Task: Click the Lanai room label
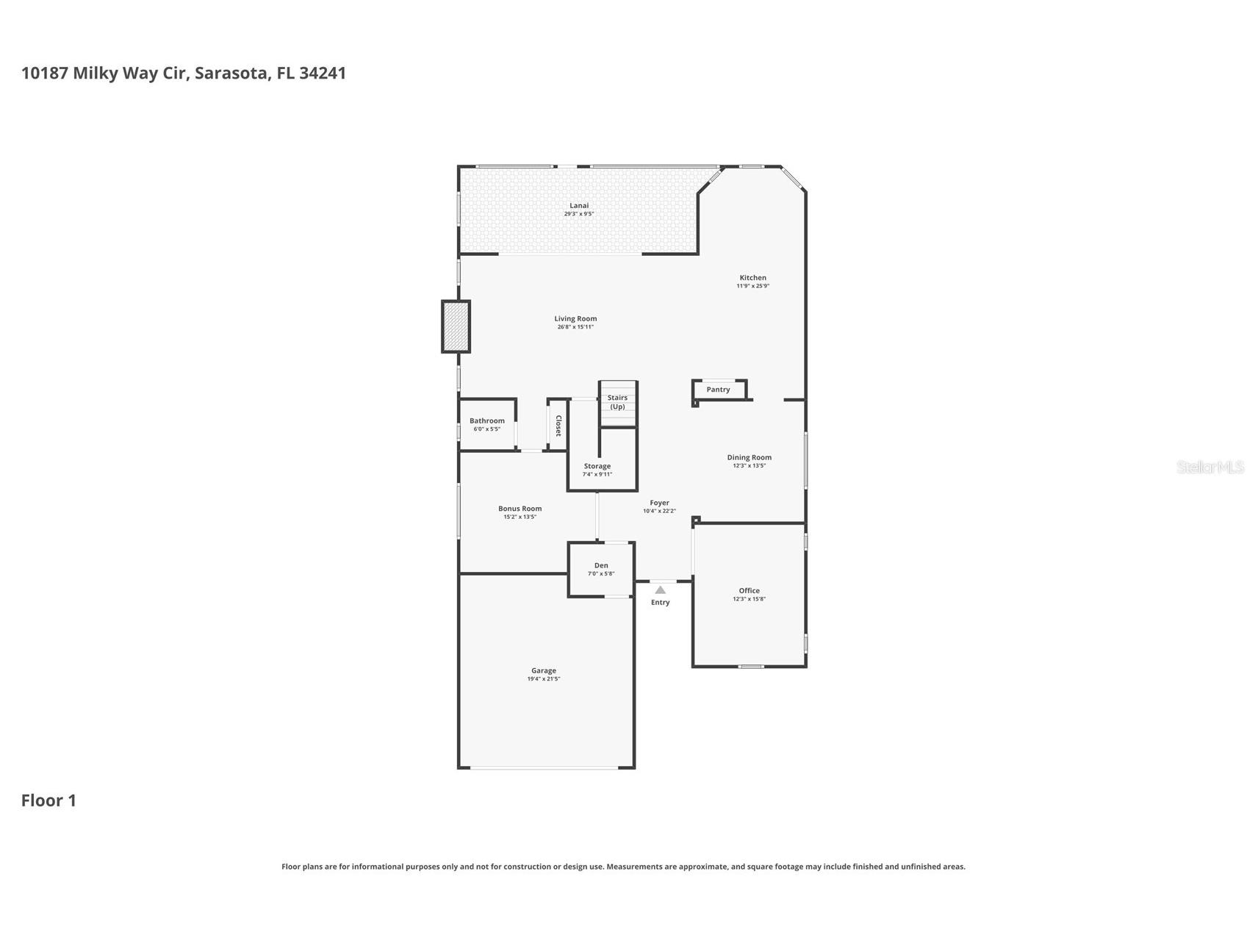(579, 206)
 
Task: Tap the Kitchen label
(752, 278)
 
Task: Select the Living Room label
(575, 319)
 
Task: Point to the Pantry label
(718, 390)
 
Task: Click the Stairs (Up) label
(617, 402)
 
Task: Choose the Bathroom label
(487, 421)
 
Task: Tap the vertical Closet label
(558, 426)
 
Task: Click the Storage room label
(597, 466)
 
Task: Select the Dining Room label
(750, 457)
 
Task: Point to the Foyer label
(659, 503)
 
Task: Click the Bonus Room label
(520, 509)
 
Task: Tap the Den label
(601, 565)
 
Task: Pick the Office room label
(750, 590)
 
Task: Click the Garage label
(544, 670)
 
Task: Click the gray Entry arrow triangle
(660, 590)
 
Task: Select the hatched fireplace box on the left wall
(456, 326)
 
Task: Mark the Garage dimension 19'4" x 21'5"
(544, 679)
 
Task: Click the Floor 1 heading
(48, 800)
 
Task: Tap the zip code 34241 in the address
(323, 73)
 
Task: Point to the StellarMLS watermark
(1210, 467)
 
